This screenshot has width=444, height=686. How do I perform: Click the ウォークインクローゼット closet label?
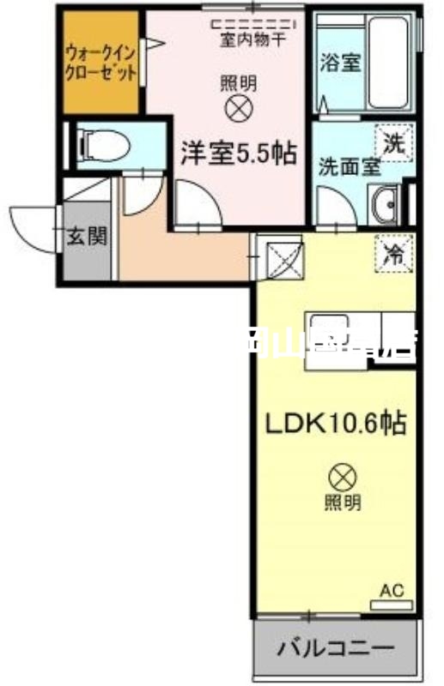click(101, 61)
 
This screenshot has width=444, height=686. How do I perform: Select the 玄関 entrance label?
click(87, 236)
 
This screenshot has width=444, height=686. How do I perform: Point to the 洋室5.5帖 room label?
click(238, 153)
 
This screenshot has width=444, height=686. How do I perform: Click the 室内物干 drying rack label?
click(252, 39)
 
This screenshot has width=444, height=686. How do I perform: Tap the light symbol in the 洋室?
click(237, 107)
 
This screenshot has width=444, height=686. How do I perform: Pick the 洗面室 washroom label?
click(350, 167)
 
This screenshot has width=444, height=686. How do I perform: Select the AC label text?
click(391, 590)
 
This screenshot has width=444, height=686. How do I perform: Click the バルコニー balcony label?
click(335, 647)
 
